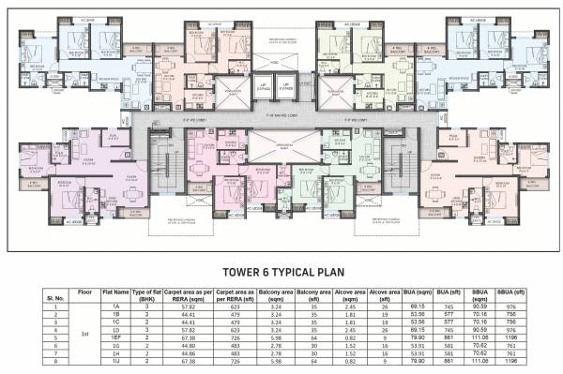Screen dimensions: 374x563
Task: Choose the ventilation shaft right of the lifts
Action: pyautogui.click(x=333, y=90)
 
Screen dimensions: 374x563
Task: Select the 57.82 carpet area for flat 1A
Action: pyautogui.click(x=189, y=307)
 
